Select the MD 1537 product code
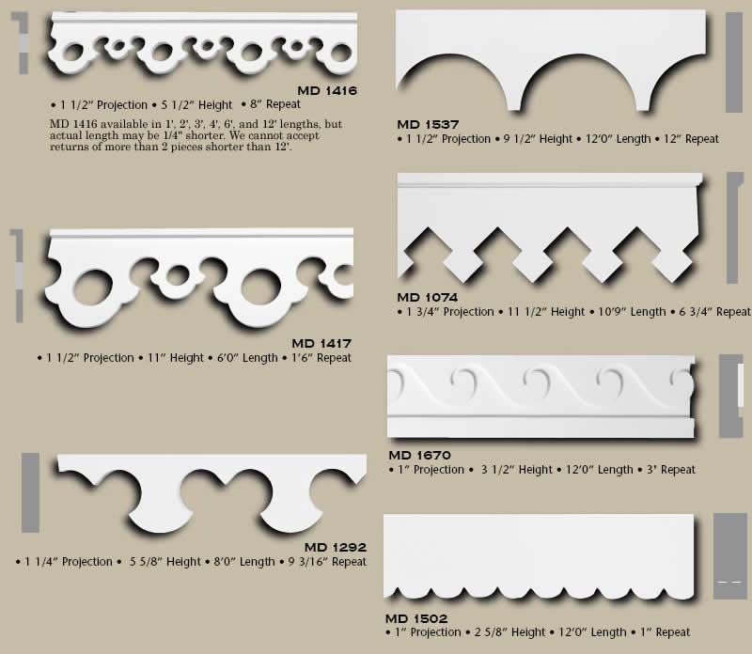pyautogui.click(x=429, y=124)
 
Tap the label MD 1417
pyautogui.click(x=321, y=344)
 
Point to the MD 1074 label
pyautogui.click(x=429, y=298)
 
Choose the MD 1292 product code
pyautogui.click(x=335, y=548)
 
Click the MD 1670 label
pyautogui.click(x=420, y=456)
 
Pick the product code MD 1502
pyautogui.click(x=415, y=618)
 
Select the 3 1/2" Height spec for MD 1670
pyautogui.click(x=517, y=470)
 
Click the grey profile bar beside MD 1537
pyautogui.click(x=733, y=64)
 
